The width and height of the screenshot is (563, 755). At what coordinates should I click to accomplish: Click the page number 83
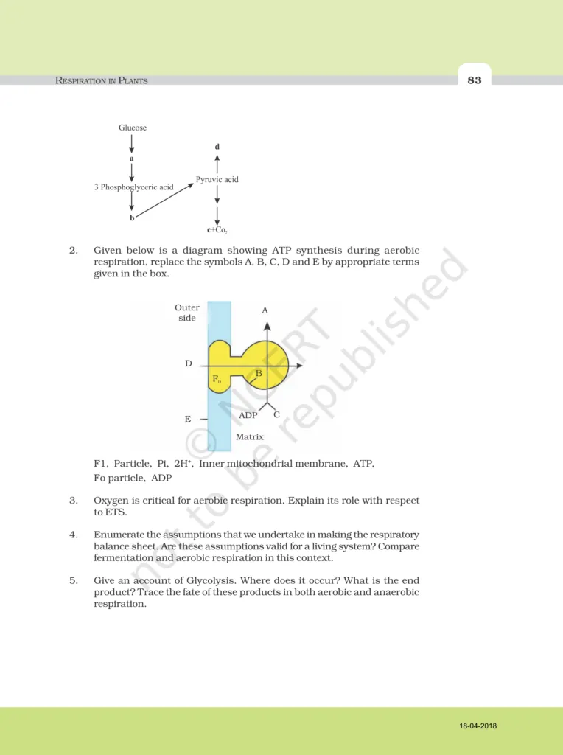[474, 80]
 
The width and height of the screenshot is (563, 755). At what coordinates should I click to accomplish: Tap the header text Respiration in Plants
[102, 80]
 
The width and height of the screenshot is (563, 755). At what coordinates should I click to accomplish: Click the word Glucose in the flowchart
[133, 128]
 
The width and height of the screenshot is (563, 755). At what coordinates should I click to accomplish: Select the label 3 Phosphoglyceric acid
[134, 187]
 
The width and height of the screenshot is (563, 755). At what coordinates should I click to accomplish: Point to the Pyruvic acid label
[217, 179]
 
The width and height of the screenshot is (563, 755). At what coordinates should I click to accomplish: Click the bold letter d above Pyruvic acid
[217, 147]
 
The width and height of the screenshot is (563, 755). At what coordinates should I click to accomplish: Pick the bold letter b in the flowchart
[132, 218]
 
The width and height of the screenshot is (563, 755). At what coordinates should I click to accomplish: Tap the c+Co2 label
[217, 230]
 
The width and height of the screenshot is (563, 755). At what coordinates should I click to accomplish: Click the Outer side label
[187, 313]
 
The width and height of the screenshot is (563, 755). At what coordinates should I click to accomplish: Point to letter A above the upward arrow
[265, 311]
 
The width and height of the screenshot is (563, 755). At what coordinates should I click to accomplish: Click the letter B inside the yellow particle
[259, 374]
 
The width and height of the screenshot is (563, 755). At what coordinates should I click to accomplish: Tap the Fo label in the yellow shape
[217, 380]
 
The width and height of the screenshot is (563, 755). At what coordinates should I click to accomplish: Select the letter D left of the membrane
[189, 364]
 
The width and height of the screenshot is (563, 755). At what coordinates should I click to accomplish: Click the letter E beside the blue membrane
[188, 419]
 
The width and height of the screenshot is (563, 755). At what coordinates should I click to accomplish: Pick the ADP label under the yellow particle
[248, 416]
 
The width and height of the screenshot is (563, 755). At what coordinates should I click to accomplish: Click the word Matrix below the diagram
[250, 437]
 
